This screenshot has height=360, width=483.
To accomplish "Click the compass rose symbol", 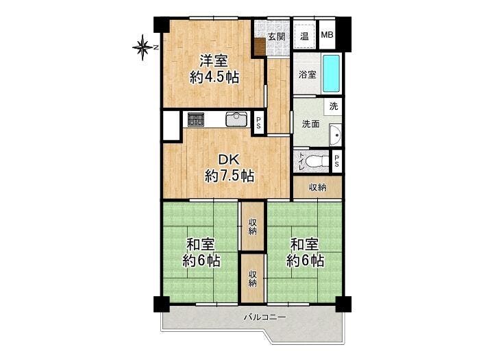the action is coord(143,47).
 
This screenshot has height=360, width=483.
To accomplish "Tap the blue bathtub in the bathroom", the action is coord(331,73).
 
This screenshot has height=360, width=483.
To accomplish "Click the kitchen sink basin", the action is coord(236,119).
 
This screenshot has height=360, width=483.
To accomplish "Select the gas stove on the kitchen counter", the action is coord(196,119).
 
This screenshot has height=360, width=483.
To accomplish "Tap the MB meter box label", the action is coord(327,35).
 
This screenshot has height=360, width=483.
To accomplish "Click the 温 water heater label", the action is coord(304,36).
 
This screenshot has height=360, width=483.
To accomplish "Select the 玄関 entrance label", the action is coord(276,36).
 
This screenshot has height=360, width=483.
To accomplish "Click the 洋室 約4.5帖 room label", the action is coord(214,69).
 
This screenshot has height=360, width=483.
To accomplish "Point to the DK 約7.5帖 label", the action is coord(230,168).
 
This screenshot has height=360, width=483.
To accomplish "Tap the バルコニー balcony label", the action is coord(265,317).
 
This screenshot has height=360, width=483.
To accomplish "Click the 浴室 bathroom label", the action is coord(308,74).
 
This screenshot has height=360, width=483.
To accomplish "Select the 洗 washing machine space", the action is coord(334,106).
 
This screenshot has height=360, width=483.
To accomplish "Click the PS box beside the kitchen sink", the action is coord(259,123).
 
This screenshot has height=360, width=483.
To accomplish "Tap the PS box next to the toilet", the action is coord(336,161).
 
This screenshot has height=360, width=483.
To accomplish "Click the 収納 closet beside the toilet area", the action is coord(318,187).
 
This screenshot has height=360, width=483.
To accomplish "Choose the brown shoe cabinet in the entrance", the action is coord(260,47).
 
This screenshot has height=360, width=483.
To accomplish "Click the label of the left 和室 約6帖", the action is coord(201,253).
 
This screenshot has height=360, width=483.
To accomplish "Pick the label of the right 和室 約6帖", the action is coord(305,253).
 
